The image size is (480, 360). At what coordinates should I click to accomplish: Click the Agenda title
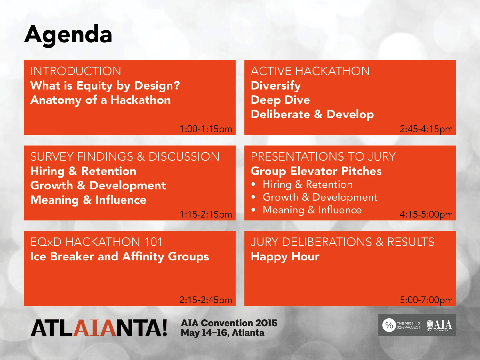[68, 36]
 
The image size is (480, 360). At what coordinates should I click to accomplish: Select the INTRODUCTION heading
[76, 71]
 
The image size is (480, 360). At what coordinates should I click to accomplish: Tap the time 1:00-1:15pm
[206, 129]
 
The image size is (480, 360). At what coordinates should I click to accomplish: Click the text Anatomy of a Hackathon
[100, 100]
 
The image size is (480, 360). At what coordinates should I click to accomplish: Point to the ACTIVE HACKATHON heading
[310, 71]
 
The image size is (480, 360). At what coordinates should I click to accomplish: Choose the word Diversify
[276, 85]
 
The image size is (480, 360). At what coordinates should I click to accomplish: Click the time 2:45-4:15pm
[426, 129]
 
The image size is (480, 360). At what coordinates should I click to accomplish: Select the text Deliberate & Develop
[312, 114]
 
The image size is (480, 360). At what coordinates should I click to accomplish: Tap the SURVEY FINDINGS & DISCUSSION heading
[125, 156]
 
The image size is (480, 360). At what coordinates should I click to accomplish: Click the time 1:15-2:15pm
[206, 214]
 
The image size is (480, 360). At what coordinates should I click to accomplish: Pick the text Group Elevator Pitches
[316, 171]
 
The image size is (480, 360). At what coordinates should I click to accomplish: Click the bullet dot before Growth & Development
[253, 197]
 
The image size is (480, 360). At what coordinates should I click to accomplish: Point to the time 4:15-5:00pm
[426, 214]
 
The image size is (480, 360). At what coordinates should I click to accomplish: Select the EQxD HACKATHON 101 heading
[96, 242]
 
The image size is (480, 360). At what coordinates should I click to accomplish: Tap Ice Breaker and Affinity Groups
[120, 257]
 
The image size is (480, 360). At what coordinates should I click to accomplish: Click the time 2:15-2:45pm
[206, 300]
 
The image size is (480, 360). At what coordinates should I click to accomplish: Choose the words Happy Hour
[285, 257]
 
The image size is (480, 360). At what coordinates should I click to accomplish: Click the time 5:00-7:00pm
[426, 300]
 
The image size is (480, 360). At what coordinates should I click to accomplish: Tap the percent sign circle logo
[389, 325]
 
